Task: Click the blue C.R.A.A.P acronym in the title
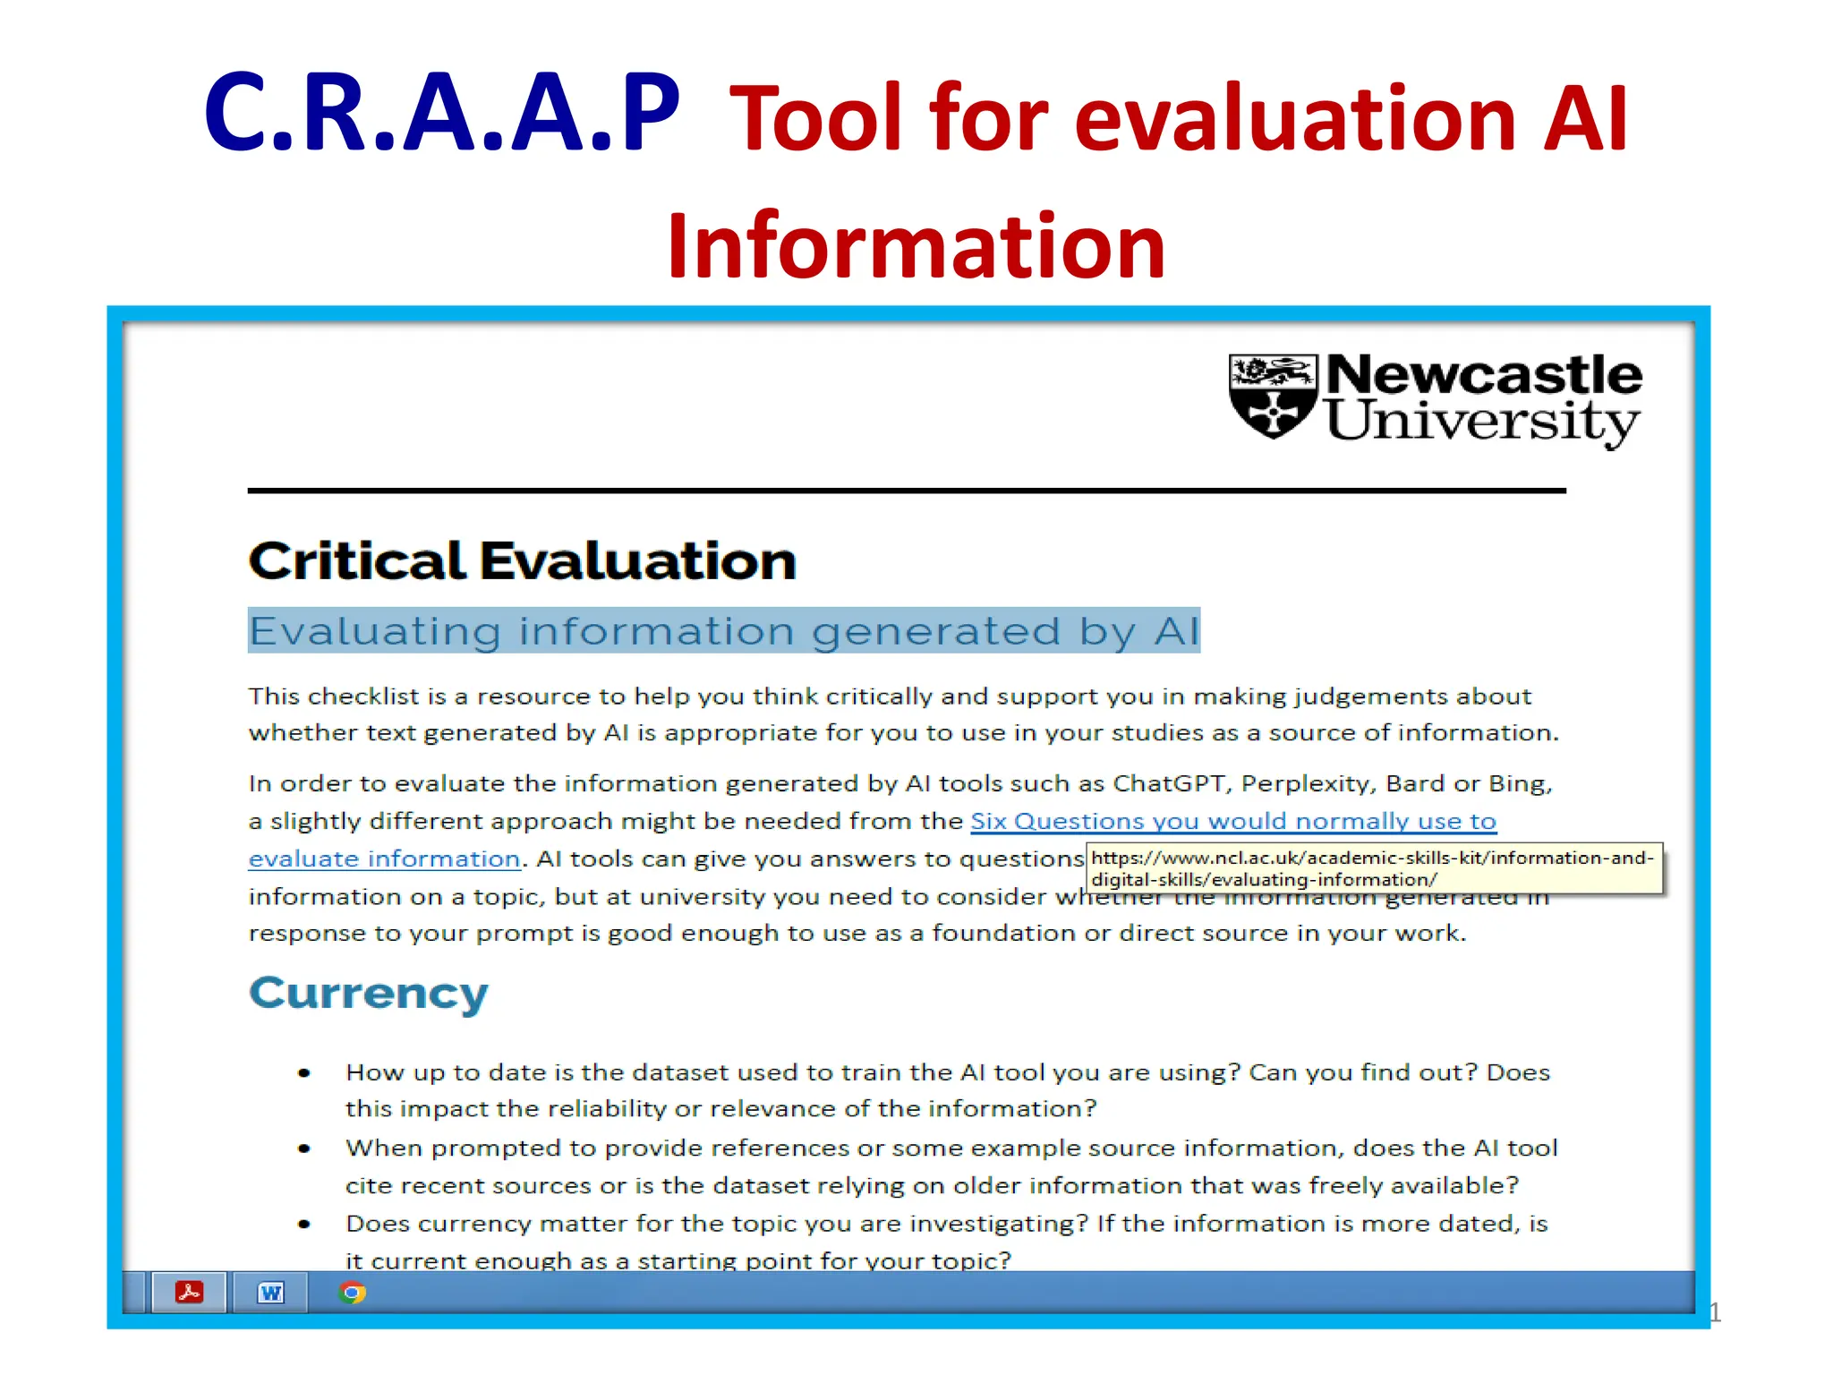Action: click(441, 114)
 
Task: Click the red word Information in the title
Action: click(916, 245)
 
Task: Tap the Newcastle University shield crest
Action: click(1272, 396)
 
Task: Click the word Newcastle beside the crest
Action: click(1483, 375)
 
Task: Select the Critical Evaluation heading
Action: click(522, 561)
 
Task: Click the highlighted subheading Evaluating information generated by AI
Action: click(723, 631)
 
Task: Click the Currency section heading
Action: click(369, 994)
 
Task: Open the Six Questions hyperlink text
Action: click(1232, 821)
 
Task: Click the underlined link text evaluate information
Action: click(384, 858)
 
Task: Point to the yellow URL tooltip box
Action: click(1374, 868)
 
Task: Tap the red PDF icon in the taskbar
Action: click(189, 1293)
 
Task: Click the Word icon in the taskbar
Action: click(270, 1293)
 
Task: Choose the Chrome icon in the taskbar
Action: click(352, 1293)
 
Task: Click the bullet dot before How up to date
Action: click(304, 1072)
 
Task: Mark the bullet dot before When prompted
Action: click(304, 1149)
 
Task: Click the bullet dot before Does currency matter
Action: click(304, 1224)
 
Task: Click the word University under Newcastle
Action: click(1482, 421)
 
